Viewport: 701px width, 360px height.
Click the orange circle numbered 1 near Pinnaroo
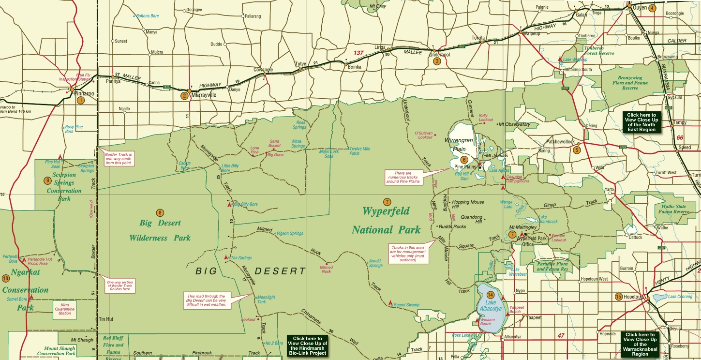(x=80, y=100)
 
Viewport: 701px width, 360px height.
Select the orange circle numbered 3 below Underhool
(x=437, y=61)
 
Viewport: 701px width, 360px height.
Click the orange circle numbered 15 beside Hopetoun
(x=618, y=297)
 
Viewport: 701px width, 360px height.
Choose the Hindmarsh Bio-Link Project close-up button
(x=307, y=346)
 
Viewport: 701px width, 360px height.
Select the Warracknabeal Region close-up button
(x=640, y=344)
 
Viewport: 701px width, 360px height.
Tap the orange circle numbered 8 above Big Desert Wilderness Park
(x=160, y=212)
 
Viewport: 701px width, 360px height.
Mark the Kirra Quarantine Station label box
(x=65, y=309)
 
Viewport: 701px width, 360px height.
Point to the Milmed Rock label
(x=326, y=269)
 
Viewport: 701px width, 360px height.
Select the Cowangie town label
(x=263, y=70)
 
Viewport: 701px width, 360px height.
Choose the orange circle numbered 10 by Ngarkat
(x=5, y=278)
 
